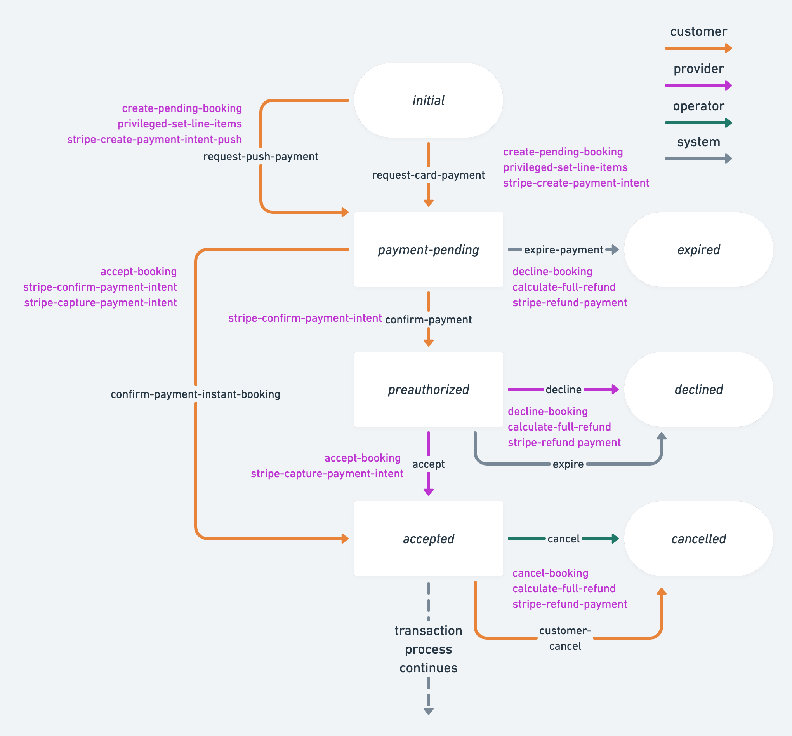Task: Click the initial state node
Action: point(428,100)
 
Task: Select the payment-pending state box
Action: point(428,250)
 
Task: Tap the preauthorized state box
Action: point(428,389)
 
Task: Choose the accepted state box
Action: point(428,539)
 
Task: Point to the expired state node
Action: point(698,250)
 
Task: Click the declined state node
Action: point(698,389)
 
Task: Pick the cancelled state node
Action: point(698,539)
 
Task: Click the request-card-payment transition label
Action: point(428,175)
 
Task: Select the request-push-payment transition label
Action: point(261,157)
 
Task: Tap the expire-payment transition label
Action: point(563,250)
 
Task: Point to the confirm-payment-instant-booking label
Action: point(195,394)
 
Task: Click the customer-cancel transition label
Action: point(565,638)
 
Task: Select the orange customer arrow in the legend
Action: point(698,48)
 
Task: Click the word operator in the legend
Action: point(698,106)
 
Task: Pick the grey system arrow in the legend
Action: point(698,159)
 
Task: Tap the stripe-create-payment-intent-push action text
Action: point(155,140)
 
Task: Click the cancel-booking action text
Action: point(550,573)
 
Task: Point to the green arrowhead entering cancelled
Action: point(615,539)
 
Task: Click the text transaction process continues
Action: point(428,649)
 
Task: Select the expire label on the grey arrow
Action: point(568,464)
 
